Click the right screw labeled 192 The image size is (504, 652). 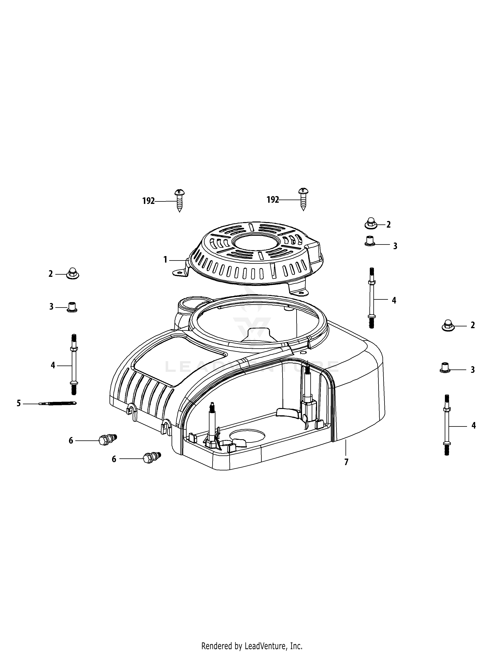[x=303, y=199]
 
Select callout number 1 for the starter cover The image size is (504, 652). [x=165, y=260]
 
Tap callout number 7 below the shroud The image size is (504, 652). [x=346, y=462]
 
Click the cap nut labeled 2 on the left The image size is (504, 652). [x=72, y=273]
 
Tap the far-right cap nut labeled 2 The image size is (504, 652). [x=448, y=325]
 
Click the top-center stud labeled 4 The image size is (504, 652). [x=371, y=299]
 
